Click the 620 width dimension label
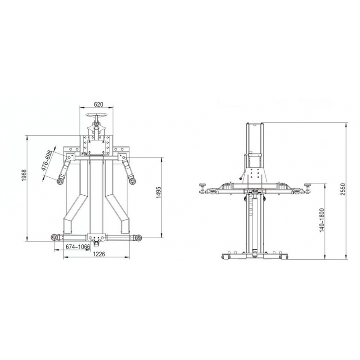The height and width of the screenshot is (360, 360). point(99,104)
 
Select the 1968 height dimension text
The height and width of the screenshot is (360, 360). point(24,175)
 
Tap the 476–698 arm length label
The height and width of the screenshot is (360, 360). point(47,161)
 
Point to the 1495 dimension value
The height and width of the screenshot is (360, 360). point(159,193)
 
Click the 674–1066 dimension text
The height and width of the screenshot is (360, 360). point(78,247)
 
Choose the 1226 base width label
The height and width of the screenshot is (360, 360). point(99,254)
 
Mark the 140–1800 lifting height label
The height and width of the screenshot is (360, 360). point(322,220)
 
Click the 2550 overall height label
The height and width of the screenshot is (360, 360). point(343,189)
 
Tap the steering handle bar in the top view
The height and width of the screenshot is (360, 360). point(96,115)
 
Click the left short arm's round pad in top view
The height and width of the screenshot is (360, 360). point(61,181)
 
